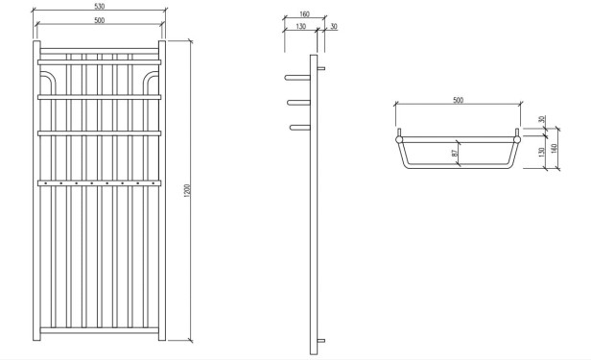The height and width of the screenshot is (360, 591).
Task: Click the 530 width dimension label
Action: [x=100, y=7]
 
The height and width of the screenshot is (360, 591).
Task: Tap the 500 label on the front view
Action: [x=100, y=20]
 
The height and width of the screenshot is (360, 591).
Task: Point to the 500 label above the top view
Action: [x=458, y=100]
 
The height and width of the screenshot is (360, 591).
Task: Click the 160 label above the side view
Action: [x=304, y=14]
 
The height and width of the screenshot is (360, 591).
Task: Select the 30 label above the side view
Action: [x=332, y=27]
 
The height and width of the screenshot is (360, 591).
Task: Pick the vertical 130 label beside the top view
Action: [x=541, y=153]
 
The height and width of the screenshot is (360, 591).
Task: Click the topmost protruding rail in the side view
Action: [x=298, y=77]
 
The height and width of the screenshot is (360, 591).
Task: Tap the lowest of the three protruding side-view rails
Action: [x=298, y=126]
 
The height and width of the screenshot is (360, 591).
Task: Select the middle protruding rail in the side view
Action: [x=298, y=102]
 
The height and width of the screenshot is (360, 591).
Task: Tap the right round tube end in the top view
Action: [x=518, y=139]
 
